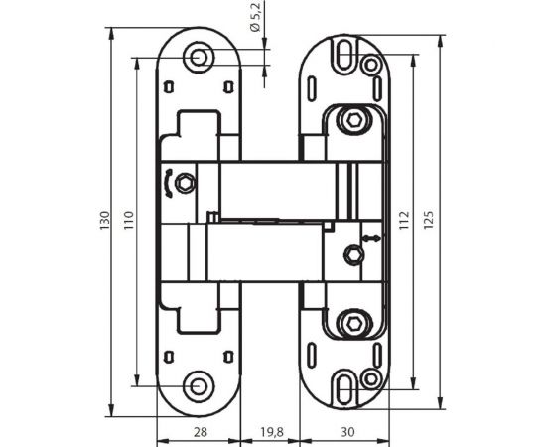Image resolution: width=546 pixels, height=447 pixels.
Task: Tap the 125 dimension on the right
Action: coord(430,219)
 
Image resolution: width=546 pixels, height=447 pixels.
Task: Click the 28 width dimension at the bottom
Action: coord(199,433)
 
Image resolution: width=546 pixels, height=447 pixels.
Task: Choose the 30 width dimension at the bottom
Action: coord(347,433)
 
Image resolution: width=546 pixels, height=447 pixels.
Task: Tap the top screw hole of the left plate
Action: coord(201,59)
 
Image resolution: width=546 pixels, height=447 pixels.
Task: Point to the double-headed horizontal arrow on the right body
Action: coord(369,238)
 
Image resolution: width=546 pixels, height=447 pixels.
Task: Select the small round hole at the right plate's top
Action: coord(371,67)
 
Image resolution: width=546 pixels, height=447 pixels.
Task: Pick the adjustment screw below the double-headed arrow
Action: coord(349,255)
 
